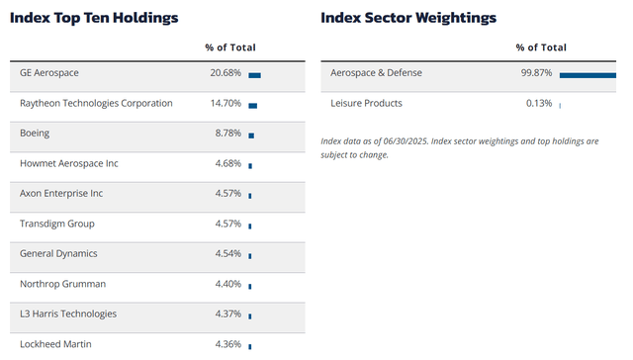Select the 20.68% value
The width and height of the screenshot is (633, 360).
[225, 74]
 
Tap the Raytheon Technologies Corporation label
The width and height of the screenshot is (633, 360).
[96, 103]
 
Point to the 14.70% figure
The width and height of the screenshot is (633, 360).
[225, 104]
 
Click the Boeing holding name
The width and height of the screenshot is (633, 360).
[35, 134]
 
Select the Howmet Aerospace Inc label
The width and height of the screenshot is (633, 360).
[69, 163]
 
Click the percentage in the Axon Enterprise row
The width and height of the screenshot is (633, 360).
[227, 195]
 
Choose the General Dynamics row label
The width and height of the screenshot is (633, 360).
[58, 253]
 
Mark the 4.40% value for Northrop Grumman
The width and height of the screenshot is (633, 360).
[227, 285]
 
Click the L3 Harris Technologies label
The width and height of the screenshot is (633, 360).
[68, 314]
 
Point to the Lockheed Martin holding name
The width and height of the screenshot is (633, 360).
[55, 344]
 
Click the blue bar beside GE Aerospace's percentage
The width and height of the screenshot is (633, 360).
[254, 75]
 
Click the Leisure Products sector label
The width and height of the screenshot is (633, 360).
[366, 103]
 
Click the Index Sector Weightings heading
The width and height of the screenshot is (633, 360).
[408, 18]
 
